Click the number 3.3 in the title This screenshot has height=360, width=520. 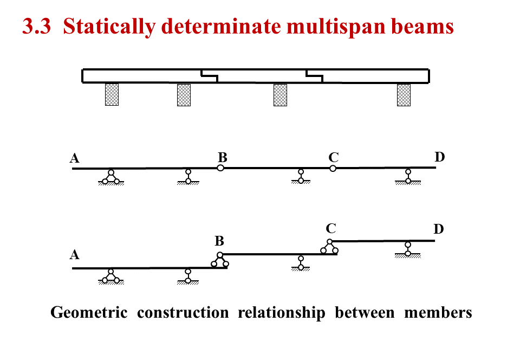tap(37, 26)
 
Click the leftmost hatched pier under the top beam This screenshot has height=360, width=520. tap(112, 94)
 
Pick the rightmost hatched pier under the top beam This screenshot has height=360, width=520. tap(404, 94)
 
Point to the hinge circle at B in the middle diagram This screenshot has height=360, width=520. tap(220, 168)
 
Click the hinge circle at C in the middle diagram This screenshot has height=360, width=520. tap(333, 168)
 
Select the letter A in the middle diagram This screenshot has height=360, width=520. tap(75, 158)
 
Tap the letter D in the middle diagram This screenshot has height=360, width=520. tap(439, 157)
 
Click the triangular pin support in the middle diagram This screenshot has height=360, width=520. tap(111, 177)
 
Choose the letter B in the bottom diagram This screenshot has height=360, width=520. tap(219, 241)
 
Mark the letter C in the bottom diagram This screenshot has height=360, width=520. tap(331, 229)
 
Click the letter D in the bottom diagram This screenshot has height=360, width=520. tap(439, 229)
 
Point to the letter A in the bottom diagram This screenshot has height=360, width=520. tap(75, 255)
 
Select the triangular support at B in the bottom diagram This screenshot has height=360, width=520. tap(220, 261)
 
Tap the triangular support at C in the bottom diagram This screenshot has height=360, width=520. tap(329, 247)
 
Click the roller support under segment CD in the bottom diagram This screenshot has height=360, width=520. tap(407, 249)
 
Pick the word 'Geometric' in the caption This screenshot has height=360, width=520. tap(89, 313)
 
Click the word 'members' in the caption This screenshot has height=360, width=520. tap(438, 313)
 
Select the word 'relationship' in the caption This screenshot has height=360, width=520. tap(281, 313)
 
